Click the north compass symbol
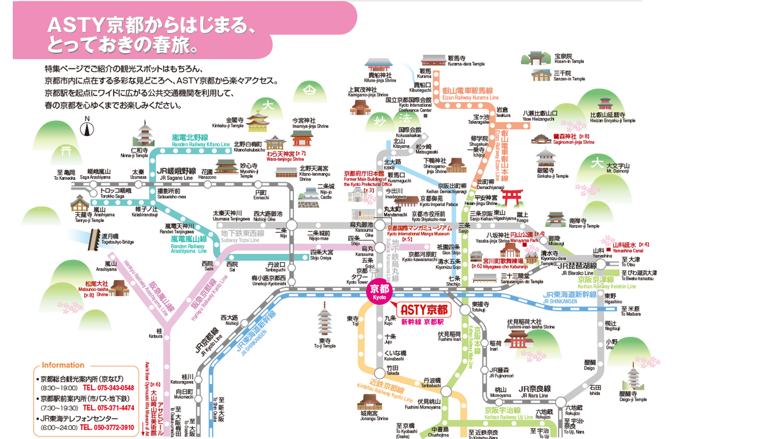[87, 129]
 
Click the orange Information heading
[63, 365]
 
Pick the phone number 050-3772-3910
[108, 428]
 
